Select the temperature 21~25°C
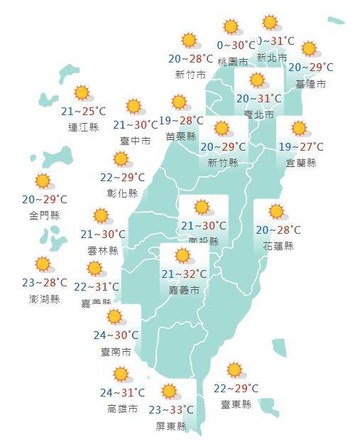[x=83, y=112]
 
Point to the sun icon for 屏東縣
[x=170, y=392]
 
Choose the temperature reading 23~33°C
[x=171, y=410]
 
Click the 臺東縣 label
[x=236, y=404]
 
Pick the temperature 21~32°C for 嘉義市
[x=184, y=274]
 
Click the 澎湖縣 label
[x=45, y=298]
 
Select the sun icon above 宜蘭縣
[x=299, y=129]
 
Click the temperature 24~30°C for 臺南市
[x=116, y=335]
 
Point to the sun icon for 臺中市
[x=133, y=107]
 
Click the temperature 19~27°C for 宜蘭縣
[x=300, y=147]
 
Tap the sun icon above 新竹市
[x=189, y=41]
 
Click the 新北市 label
[x=272, y=57]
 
